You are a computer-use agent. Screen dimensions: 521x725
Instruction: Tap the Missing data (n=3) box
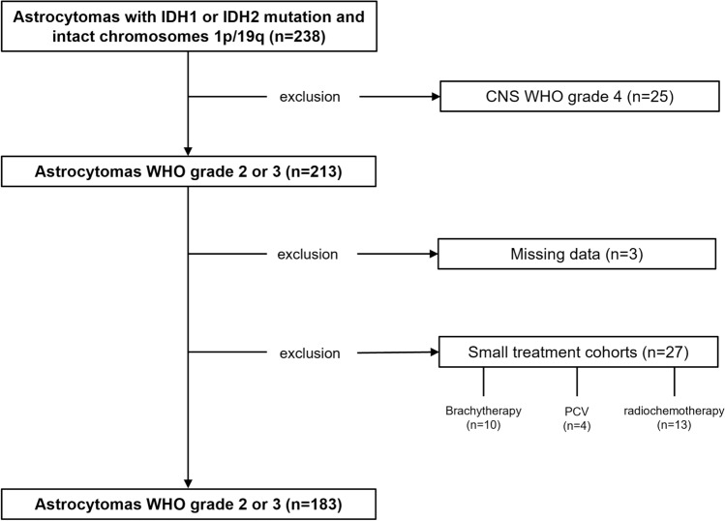click(x=578, y=255)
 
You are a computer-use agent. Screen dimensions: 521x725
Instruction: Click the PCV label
click(x=578, y=410)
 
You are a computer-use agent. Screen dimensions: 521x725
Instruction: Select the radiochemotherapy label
click(x=674, y=410)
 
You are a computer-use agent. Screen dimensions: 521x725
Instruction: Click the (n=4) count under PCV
click(x=578, y=424)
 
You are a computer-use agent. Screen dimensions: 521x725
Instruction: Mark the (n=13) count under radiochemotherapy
click(x=674, y=424)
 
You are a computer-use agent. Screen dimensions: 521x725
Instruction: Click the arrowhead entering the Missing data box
click(x=432, y=255)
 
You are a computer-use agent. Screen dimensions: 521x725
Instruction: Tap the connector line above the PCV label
click(x=578, y=383)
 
